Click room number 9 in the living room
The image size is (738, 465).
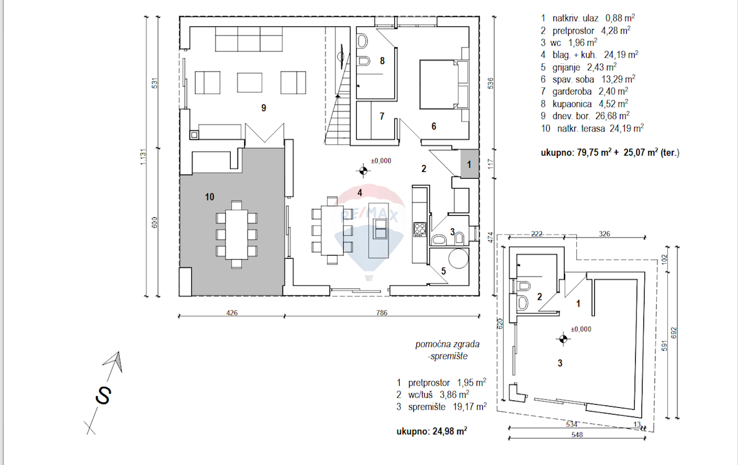pos(264,108)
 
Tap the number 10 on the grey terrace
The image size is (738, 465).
pos(210,197)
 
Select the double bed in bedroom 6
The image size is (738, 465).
pos(444,84)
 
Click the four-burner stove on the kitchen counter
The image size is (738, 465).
pos(419,229)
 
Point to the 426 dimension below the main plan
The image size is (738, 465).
pos(232,313)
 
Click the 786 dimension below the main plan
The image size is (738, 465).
pos(382,313)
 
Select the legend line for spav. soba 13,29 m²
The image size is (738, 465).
pos(588,79)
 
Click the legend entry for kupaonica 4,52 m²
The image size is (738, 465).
pos(584,104)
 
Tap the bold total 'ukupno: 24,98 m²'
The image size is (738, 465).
pos(432,431)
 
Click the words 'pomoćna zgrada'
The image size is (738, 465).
pos(448,344)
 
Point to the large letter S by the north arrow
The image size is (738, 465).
pos(103,395)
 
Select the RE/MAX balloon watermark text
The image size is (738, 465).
pos(369,216)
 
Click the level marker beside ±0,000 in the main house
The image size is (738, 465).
pos(363,171)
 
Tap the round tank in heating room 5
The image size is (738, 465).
pos(459,259)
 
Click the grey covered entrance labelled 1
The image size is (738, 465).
pos(469,164)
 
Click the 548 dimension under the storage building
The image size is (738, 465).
pos(577,435)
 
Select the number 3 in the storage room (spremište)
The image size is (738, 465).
pos(560,363)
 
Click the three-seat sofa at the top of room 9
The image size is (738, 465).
pos(248,39)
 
